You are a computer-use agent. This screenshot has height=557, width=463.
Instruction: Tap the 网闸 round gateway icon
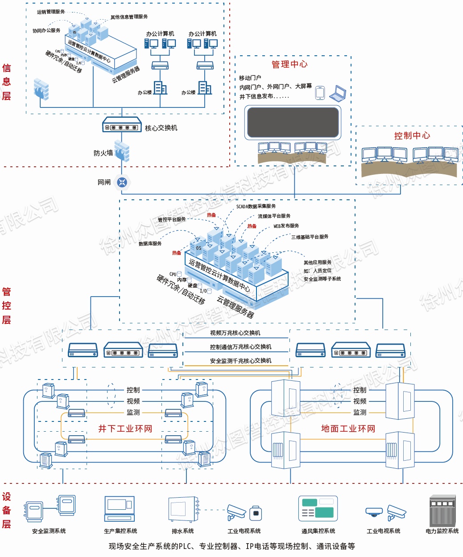[x=122, y=182]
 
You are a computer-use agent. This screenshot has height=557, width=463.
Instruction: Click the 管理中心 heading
[x=289, y=64]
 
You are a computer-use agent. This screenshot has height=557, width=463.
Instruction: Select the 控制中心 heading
[x=412, y=136]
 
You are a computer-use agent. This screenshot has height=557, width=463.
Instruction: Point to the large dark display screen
[x=293, y=122]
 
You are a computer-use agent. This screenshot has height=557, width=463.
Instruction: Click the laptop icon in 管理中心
[x=338, y=93]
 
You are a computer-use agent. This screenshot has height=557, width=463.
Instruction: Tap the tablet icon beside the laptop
[x=320, y=93]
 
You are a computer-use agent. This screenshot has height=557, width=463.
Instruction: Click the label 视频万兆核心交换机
[x=235, y=333]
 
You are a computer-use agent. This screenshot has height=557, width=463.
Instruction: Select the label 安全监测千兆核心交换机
[x=240, y=361]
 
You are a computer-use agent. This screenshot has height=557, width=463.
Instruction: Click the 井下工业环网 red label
[x=125, y=429]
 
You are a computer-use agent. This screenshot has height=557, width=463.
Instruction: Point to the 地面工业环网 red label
[x=348, y=429]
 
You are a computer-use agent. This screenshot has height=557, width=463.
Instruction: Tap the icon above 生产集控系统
[x=120, y=509]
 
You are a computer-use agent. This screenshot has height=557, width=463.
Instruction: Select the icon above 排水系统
[x=183, y=509]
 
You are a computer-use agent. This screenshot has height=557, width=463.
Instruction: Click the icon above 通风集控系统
[x=318, y=508]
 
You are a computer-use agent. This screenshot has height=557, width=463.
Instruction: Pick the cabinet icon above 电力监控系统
[x=442, y=510]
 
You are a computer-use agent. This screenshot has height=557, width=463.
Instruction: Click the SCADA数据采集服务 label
[x=256, y=206]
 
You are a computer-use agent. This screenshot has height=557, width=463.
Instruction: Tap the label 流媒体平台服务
[x=274, y=216]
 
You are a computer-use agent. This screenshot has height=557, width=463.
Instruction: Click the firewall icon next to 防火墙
[x=122, y=151]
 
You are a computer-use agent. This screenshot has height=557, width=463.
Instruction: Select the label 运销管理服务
[x=51, y=12]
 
